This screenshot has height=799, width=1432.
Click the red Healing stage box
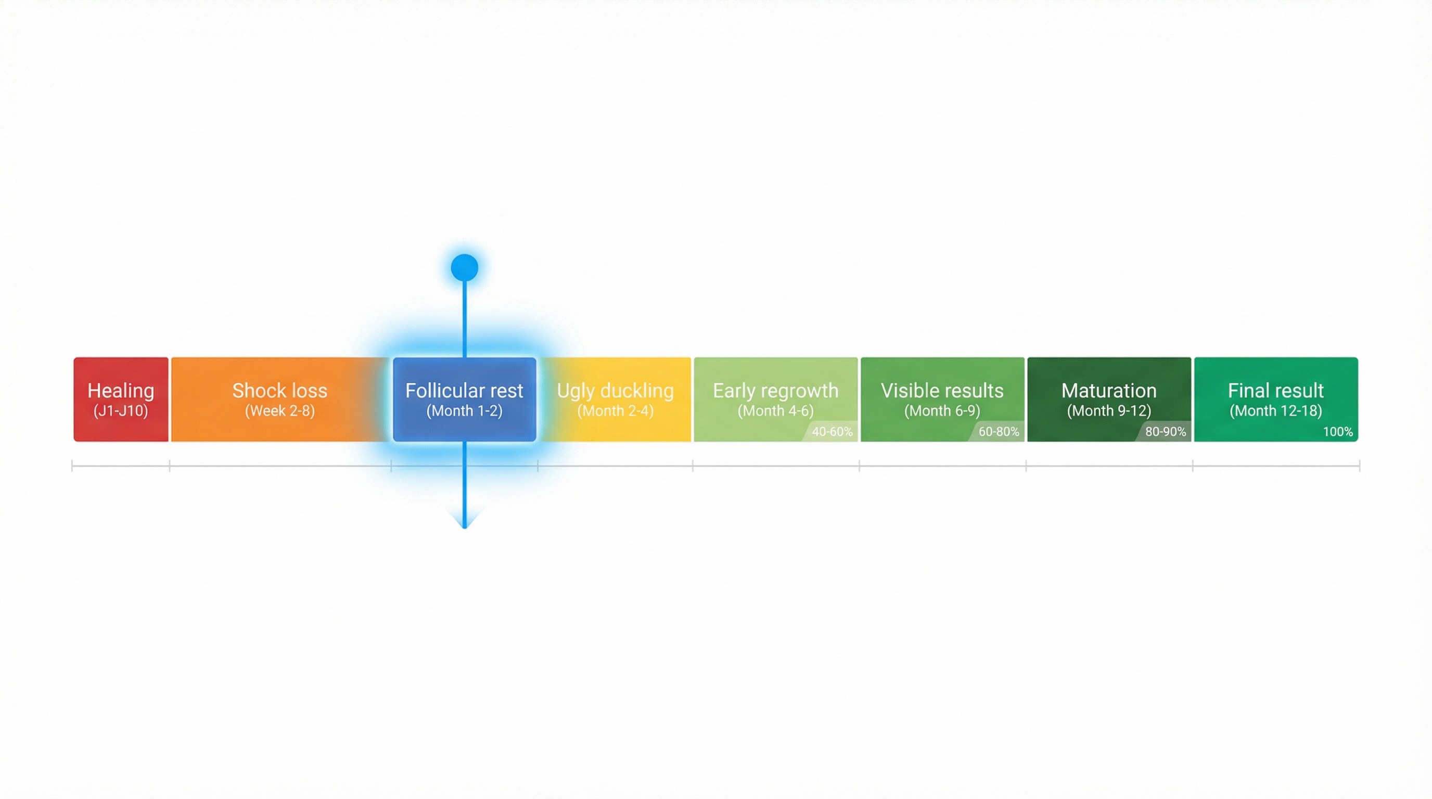click(x=121, y=399)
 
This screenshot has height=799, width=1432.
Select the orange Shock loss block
click(x=279, y=399)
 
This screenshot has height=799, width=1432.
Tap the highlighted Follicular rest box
click(x=465, y=399)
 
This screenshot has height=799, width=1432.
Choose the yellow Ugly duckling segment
click(x=616, y=399)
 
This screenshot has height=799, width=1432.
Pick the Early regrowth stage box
click(x=775, y=399)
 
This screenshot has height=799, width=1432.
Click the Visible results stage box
click(x=942, y=399)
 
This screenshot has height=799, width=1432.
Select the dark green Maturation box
click(x=1109, y=399)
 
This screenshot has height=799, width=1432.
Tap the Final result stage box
click(x=1276, y=399)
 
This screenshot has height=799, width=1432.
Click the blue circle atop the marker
click(x=465, y=268)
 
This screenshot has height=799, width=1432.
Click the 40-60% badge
click(x=832, y=432)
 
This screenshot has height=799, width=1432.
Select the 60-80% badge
click(x=999, y=432)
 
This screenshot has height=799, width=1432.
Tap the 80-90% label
click(x=1165, y=432)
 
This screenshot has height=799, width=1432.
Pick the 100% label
click(x=1337, y=432)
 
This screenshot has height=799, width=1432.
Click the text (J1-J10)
click(x=121, y=411)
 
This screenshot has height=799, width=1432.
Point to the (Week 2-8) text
click(x=279, y=411)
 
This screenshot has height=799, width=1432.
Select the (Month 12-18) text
click(x=1276, y=411)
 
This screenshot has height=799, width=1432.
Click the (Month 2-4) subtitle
click(x=616, y=411)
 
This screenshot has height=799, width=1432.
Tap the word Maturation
click(x=1109, y=391)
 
